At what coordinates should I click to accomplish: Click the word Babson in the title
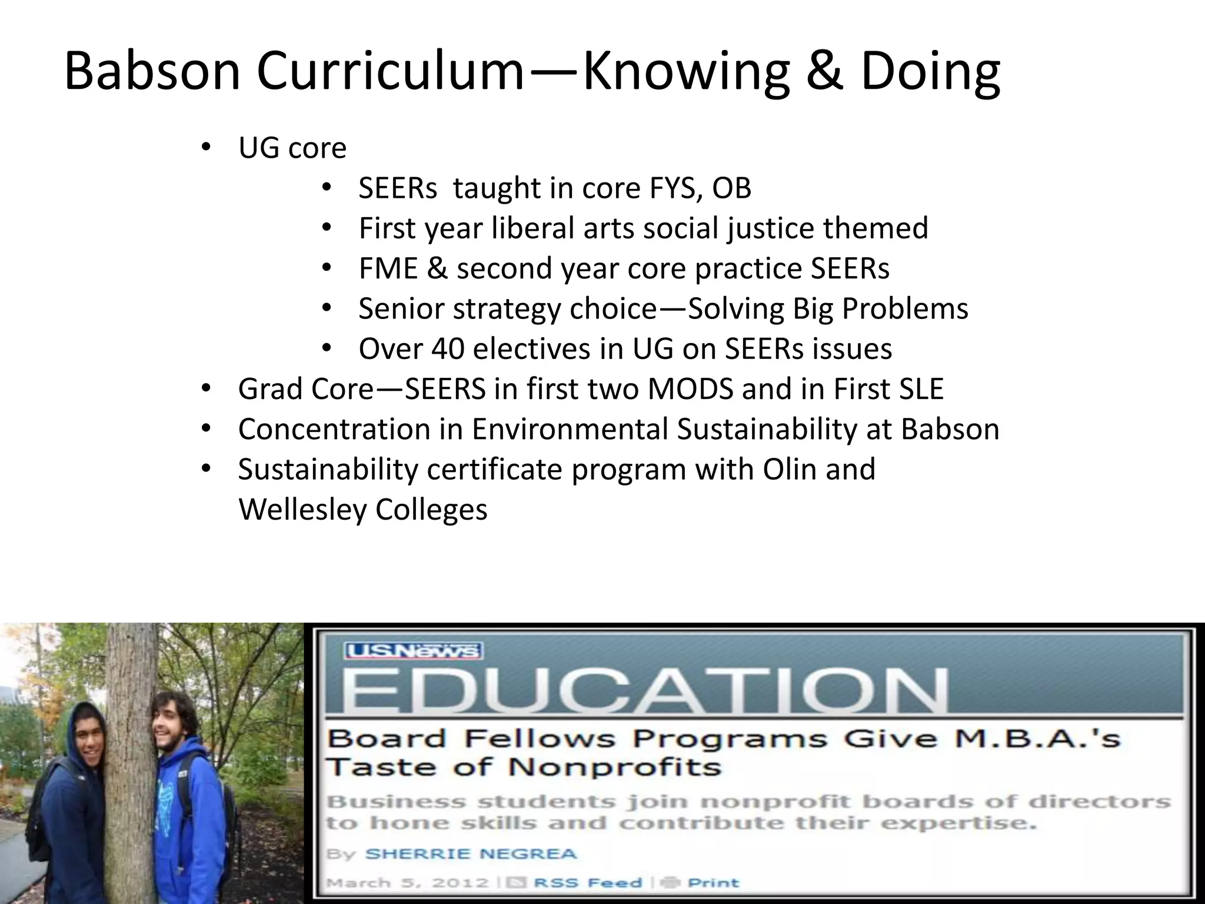tap(152, 72)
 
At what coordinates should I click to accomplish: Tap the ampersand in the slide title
tap(824, 72)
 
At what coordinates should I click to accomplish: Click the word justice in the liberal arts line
tap(770, 228)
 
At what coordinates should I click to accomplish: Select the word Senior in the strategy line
tap(401, 309)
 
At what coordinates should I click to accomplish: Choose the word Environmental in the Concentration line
tap(570, 429)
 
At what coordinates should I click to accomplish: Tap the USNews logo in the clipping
tap(414, 650)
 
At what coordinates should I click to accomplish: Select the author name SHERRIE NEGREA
tap(471, 854)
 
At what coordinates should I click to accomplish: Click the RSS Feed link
tap(588, 883)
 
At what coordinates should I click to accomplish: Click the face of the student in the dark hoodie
tap(91, 747)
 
